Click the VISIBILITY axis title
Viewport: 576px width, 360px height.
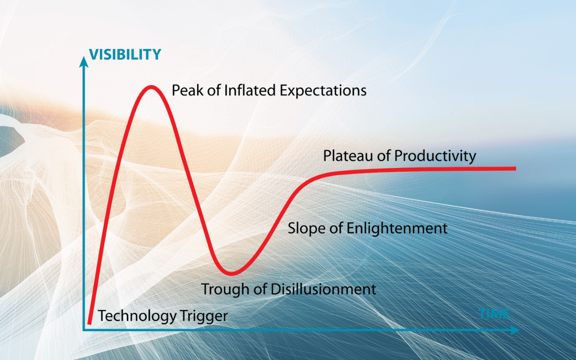[x=124, y=54]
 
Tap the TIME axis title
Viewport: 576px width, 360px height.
[x=493, y=314]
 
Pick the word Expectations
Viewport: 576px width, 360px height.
[x=323, y=90]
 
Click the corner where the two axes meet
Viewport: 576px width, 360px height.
[x=84, y=330]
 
